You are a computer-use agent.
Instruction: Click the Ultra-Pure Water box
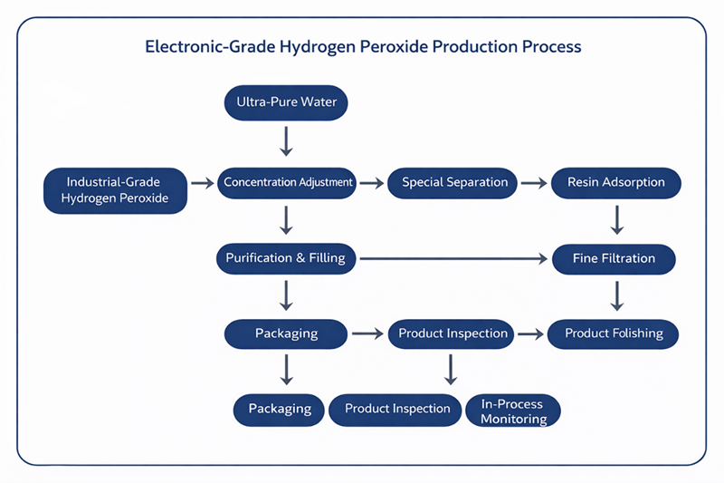click(x=286, y=102)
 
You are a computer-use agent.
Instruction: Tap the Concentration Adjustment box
click(x=288, y=182)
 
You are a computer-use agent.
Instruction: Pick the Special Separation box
click(x=454, y=182)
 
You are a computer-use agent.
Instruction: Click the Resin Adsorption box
click(x=616, y=182)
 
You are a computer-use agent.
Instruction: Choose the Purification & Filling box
click(x=286, y=258)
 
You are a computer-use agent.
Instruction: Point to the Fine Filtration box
click(x=614, y=258)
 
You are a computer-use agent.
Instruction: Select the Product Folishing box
click(x=614, y=333)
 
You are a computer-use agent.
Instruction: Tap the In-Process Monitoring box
click(x=513, y=411)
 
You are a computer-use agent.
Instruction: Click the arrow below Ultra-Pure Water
click(x=286, y=140)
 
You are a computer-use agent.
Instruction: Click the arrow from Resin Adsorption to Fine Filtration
click(x=616, y=220)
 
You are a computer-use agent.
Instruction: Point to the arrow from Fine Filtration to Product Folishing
click(x=616, y=296)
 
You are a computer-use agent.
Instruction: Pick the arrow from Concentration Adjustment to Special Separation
click(x=371, y=183)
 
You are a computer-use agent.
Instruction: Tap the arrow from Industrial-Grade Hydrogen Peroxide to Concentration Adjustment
click(x=204, y=183)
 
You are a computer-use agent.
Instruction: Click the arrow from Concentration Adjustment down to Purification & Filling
click(x=286, y=220)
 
